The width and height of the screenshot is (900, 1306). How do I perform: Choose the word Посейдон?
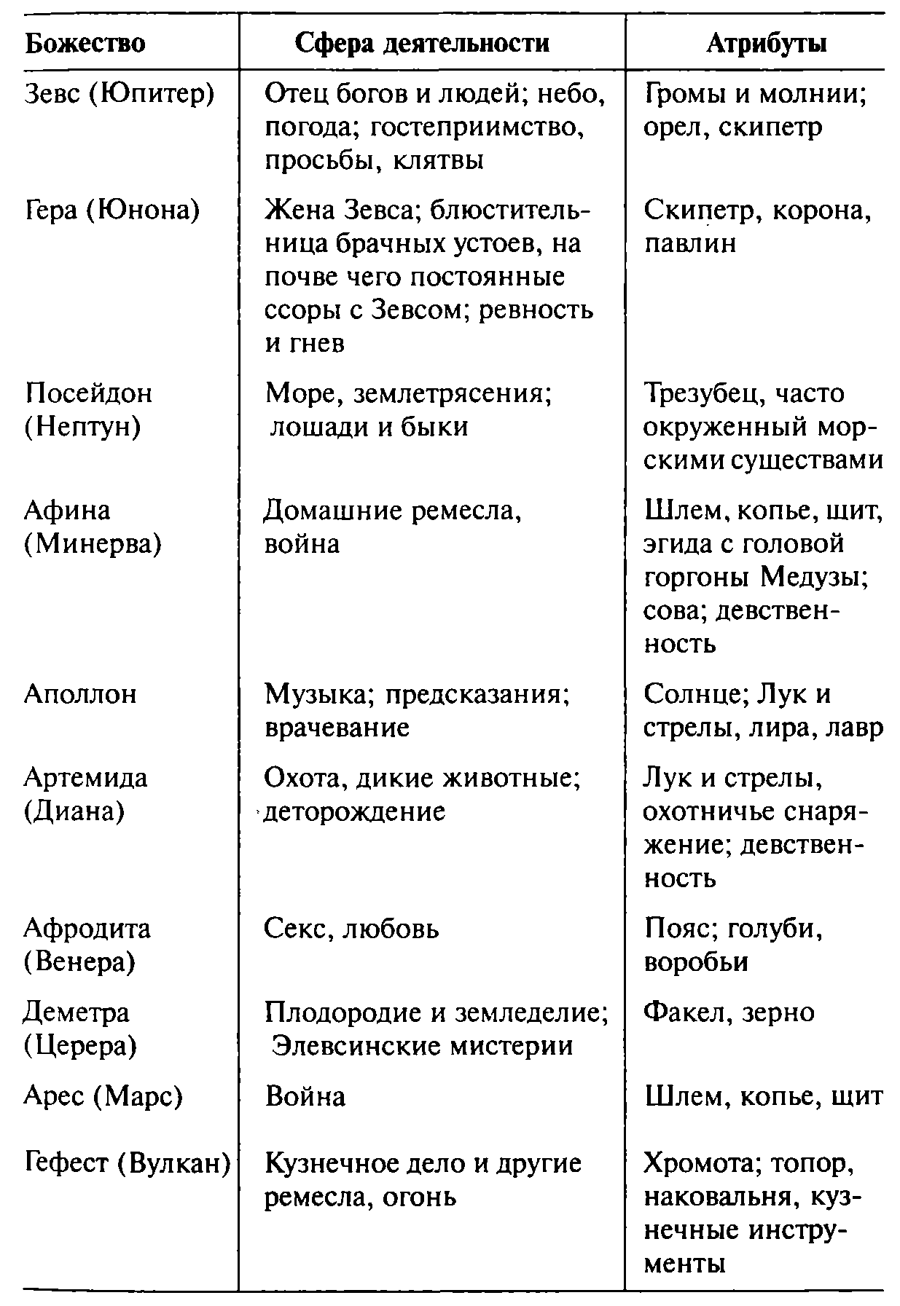tap(88, 393)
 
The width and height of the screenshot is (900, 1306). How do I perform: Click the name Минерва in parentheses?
tap(93, 543)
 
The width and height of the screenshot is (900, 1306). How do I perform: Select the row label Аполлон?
tap(80, 693)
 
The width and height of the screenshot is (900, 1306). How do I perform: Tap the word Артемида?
tap(85, 778)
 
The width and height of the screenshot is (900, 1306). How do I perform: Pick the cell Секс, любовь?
tap(351, 929)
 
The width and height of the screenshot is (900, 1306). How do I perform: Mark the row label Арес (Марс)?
tap(103, 1096)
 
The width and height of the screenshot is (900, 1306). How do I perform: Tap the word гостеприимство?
tap(475, 127)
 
